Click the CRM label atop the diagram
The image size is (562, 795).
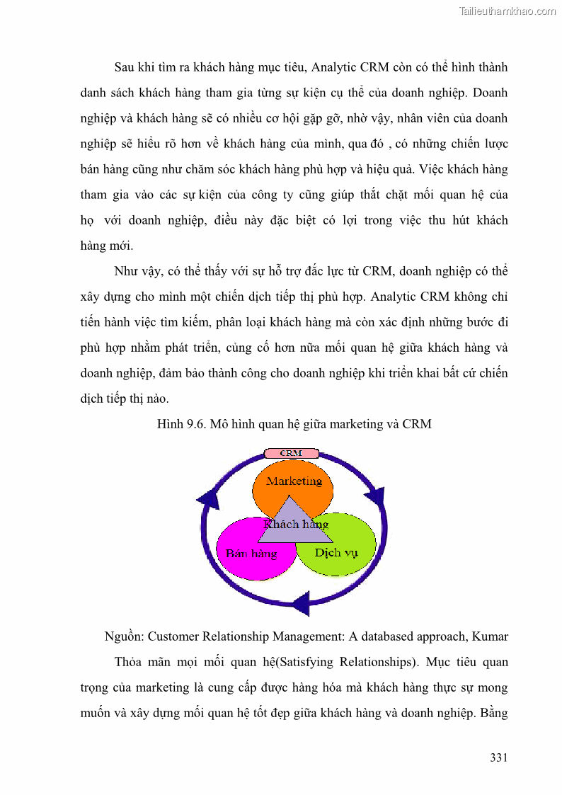coord(291,453)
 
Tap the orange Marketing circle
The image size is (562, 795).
coord(293,478)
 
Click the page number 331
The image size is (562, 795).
coord(498,757)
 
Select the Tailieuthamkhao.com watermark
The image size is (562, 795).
coord(507,11)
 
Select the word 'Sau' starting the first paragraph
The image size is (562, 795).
coord(125,67)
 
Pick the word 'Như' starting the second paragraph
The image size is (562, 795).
coord(126,271)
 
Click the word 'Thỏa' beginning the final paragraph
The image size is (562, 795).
coord(130,662)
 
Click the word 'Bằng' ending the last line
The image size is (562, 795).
coord(493,713)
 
